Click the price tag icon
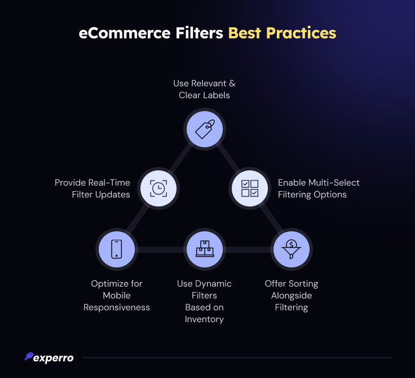205,129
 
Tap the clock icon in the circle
158,188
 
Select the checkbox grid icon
250,188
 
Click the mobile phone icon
117,249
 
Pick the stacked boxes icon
205,249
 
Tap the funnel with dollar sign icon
291,249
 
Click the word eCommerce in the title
125,33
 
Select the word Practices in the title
301,33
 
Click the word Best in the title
245,33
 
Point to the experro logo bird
29,356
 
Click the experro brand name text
54,358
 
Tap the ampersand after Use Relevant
232,83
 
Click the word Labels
217,95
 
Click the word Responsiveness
117,307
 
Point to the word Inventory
204,319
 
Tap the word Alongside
292,296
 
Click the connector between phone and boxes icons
161,249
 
